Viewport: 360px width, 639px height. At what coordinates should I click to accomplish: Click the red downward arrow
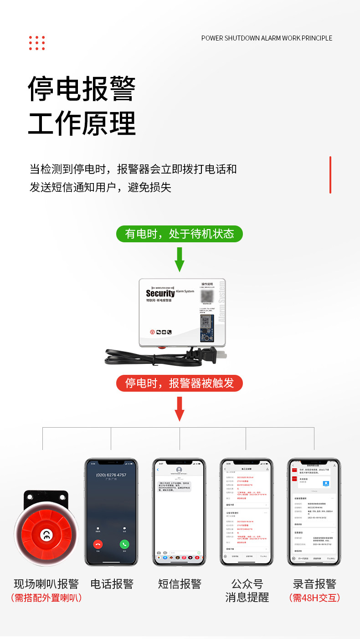click(180, 409)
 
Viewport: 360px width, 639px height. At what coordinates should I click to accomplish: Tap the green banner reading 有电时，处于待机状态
click(180, 234)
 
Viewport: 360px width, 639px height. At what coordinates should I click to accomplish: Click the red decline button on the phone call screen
click(98, 544)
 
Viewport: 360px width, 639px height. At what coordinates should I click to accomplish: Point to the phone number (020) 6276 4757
click(111, 475)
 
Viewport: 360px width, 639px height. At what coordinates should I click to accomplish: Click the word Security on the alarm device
click(160, 293)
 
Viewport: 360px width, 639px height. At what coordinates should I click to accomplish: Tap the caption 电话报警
click(112, 584)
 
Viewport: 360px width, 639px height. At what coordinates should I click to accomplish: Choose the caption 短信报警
click(179, 584)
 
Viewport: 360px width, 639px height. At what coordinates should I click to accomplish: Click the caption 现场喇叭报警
click(46, 584)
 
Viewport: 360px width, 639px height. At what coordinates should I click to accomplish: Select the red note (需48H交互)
click(314, 598)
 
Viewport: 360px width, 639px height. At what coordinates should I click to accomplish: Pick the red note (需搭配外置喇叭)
click(46, 598)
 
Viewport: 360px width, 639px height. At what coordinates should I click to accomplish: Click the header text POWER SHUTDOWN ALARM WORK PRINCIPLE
click(267, 38)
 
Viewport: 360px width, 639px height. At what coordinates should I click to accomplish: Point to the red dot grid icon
click(37, 43)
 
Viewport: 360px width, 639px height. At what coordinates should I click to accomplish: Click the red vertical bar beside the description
click(330, 175)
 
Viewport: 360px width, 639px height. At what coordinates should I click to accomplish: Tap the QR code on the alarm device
click(207, 296)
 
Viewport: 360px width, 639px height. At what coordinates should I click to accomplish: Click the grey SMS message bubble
click(175, 486)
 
